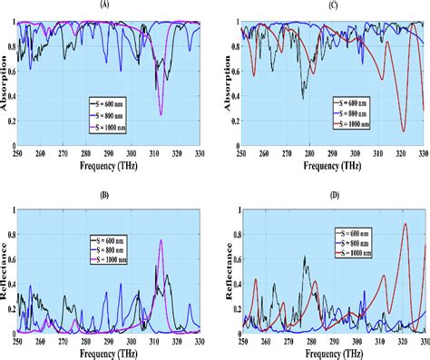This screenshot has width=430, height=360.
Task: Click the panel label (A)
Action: (x=108, y=5)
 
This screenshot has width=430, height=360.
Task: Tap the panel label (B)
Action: (x=108, y=193)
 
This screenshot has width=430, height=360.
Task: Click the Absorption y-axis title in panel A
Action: (x=5, y=83)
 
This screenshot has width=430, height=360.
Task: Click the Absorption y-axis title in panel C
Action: (x=220, y=83)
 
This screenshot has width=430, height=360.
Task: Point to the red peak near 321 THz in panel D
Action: (x=404, y=224)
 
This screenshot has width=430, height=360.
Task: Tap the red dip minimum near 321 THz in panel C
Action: (x=404, y=131)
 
